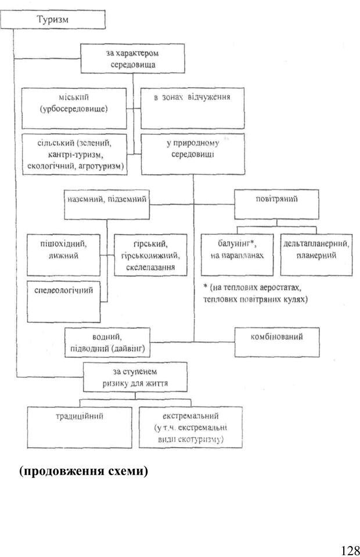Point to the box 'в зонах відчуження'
pyautogui.click(x=192, y=107)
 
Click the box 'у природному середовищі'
pyautogui.click(x=192, y=154)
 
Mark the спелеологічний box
pyautogui.click(x=64, y=300)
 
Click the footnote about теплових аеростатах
pyautogui.click(x=255, y=293)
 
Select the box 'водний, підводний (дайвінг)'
pyautogui.click(x=108, y=342)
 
